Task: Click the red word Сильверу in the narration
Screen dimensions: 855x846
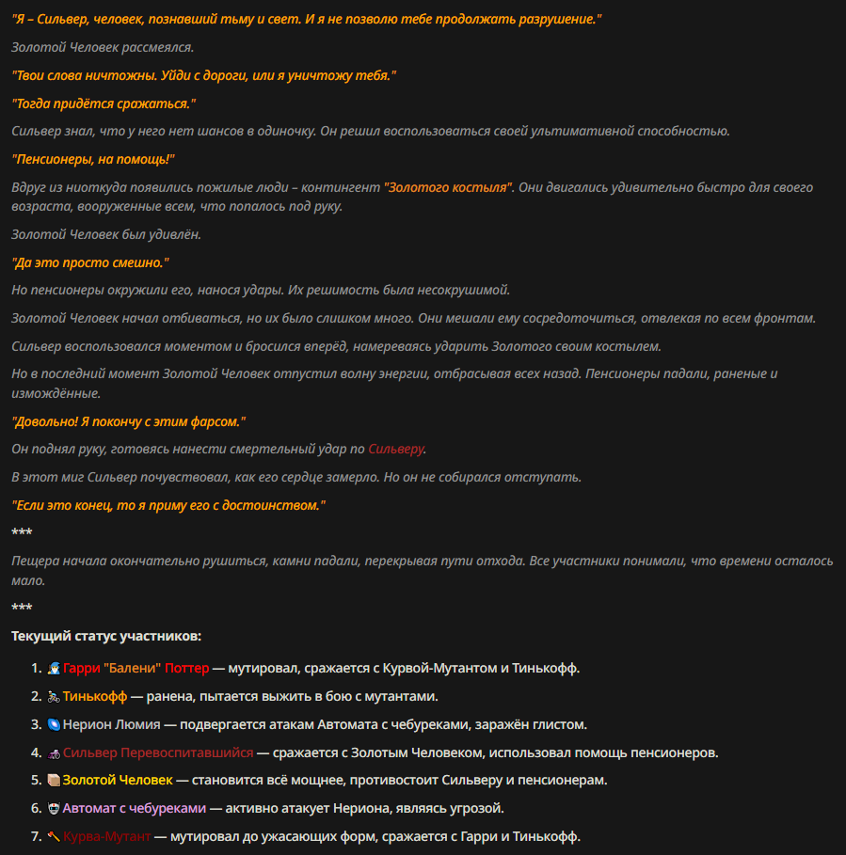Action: point(396,450)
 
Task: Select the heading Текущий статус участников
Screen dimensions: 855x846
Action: point(106,637)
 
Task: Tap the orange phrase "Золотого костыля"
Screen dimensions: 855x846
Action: point(448,188)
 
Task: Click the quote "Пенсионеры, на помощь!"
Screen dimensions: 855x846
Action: point(93,160)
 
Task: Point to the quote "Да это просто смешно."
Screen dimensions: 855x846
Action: point(89,262)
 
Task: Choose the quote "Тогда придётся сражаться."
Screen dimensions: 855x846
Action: point(104,103)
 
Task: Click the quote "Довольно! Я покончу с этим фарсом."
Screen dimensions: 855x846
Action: point(128,422)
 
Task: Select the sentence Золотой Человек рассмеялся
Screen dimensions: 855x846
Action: point(103,47)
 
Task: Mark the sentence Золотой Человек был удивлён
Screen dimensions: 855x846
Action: point(106,234)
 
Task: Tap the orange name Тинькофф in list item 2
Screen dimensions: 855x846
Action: point(94,697)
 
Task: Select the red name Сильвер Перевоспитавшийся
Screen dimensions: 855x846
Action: point(158,753)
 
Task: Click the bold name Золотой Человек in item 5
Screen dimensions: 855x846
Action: point(118,781)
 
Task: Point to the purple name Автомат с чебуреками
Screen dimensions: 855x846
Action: point(135,809)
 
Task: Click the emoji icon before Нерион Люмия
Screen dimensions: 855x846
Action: point(54,725)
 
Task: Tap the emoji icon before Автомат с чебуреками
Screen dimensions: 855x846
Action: point(54,809)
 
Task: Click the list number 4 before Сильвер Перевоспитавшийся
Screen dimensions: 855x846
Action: point(35,753)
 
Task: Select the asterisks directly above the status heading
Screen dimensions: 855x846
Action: point(22,609)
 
